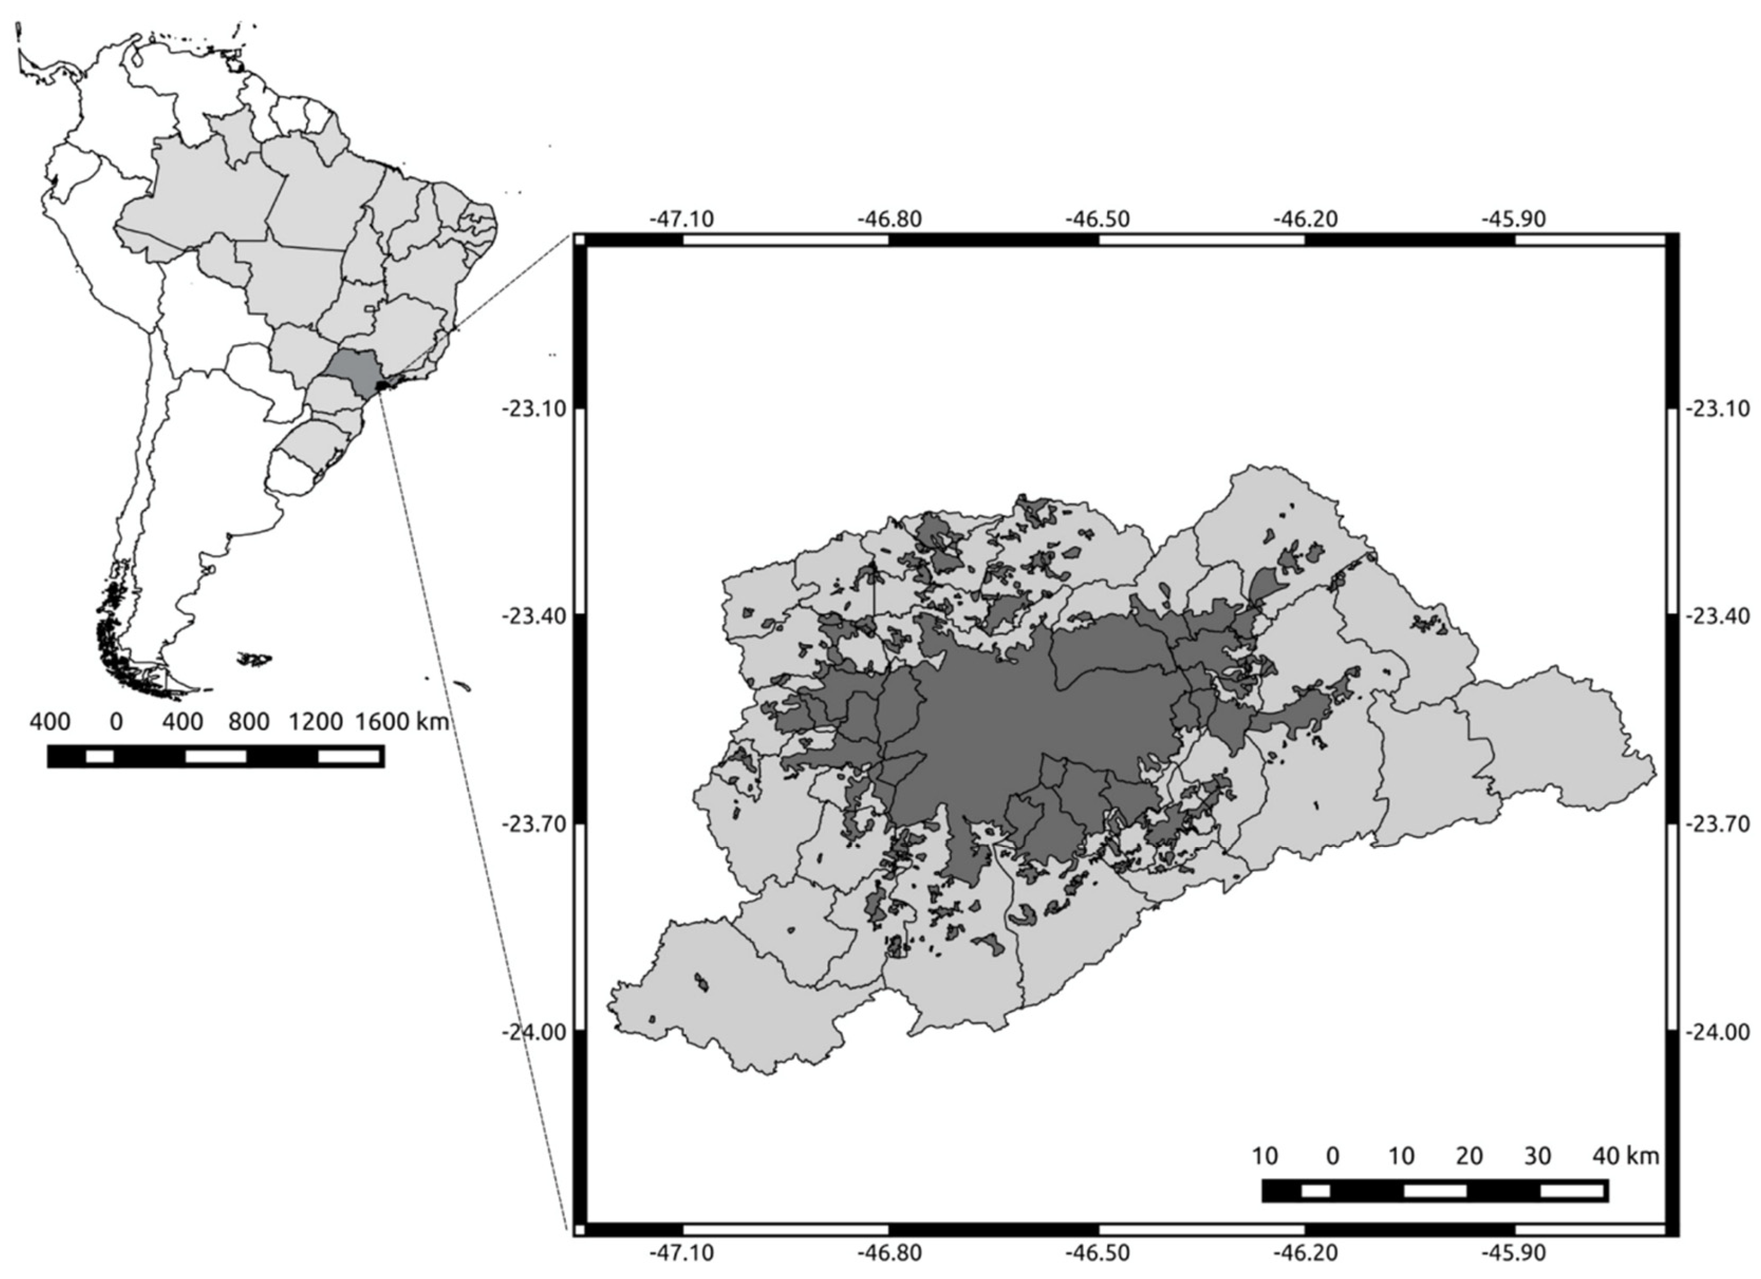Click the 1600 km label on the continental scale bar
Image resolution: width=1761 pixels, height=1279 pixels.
tap(402, 722)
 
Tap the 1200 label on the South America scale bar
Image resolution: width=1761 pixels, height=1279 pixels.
tap(316, 722)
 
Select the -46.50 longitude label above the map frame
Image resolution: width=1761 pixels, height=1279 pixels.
tap(1097, 220)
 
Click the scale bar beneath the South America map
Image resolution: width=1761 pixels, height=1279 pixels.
tap(216, 756)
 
